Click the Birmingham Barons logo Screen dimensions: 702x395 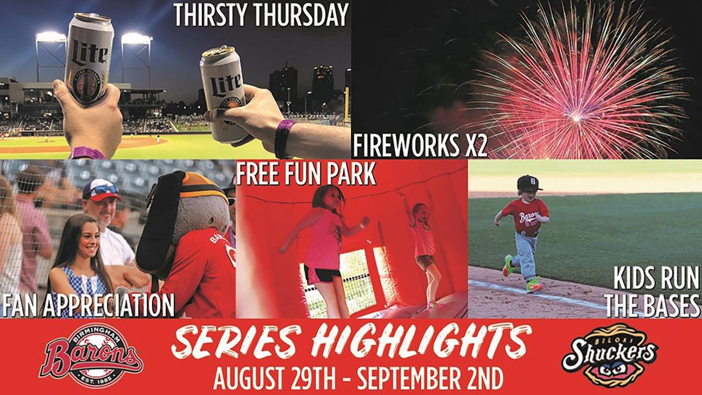[91, 356]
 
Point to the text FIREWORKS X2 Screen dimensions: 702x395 [420, 146]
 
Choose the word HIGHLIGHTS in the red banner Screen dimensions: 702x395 [421, 342]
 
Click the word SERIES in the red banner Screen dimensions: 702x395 [239, 342]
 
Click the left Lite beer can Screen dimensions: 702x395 [89, 58]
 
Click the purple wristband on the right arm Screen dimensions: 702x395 [284, 138]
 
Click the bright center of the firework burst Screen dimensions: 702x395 [575, 118]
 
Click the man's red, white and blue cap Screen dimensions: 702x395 [101, 190]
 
